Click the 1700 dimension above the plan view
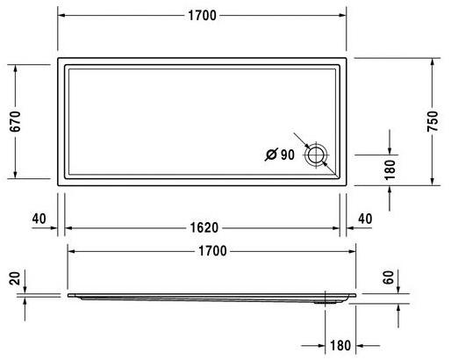[x=202, y=17]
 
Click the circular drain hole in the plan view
[x=315, y=156]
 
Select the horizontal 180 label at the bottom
[x=340, y=346]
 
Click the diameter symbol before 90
[x=269, y=155]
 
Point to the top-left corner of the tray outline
[x=59, y=60]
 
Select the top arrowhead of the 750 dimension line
[x=432, y=61]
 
